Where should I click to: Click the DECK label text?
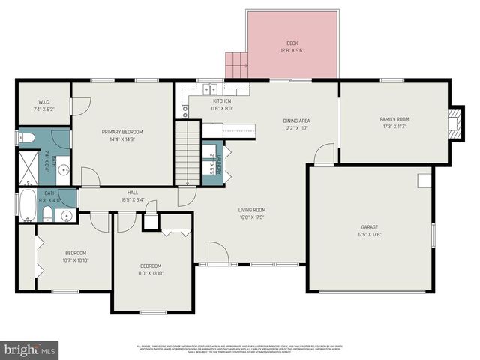pyautogui.click(x=292, y=43)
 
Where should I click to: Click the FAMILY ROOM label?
pyautogui.click(x=394, y=119)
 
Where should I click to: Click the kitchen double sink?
pyautogui.click(x=213, y=87)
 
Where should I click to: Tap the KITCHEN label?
pyautogui.click(x=222, y=101)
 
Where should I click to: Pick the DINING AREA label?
pyautogui.click(x=296, y=121)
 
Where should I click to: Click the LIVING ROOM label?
pyautogui.click(x=252, y=210)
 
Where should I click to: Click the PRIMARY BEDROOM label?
pyautogui.click(x=122, y=132)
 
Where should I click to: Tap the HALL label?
pyautogui.click(x=133, y=193)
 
